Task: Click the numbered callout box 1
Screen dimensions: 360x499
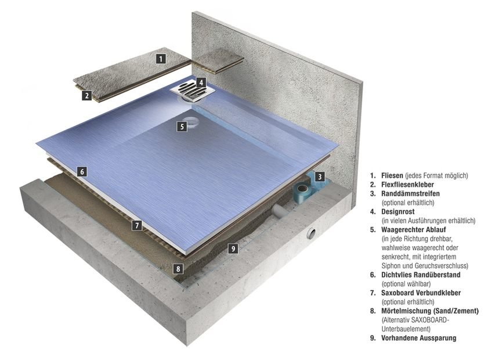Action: tap(161, 58)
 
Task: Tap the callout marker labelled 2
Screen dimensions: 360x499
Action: tap(86, 96)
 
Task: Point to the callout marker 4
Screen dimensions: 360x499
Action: tap(200, 82)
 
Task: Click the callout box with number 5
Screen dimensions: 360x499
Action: tap(182, 126)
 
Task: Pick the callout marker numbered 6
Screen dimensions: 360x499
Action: tap(82, 172)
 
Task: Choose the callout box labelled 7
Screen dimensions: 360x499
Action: tap(137, 225)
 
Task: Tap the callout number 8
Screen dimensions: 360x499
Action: tap(179, 269)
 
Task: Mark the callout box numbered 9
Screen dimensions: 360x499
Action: tap(233, 249)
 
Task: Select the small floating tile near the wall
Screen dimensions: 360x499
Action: tap(220, 59)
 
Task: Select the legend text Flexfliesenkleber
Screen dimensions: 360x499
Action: tap(410, 185)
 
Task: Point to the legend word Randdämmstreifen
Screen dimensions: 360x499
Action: tap(410, 194)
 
